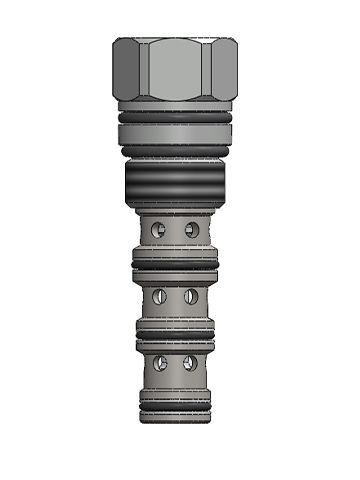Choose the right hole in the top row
click(192, 230)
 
